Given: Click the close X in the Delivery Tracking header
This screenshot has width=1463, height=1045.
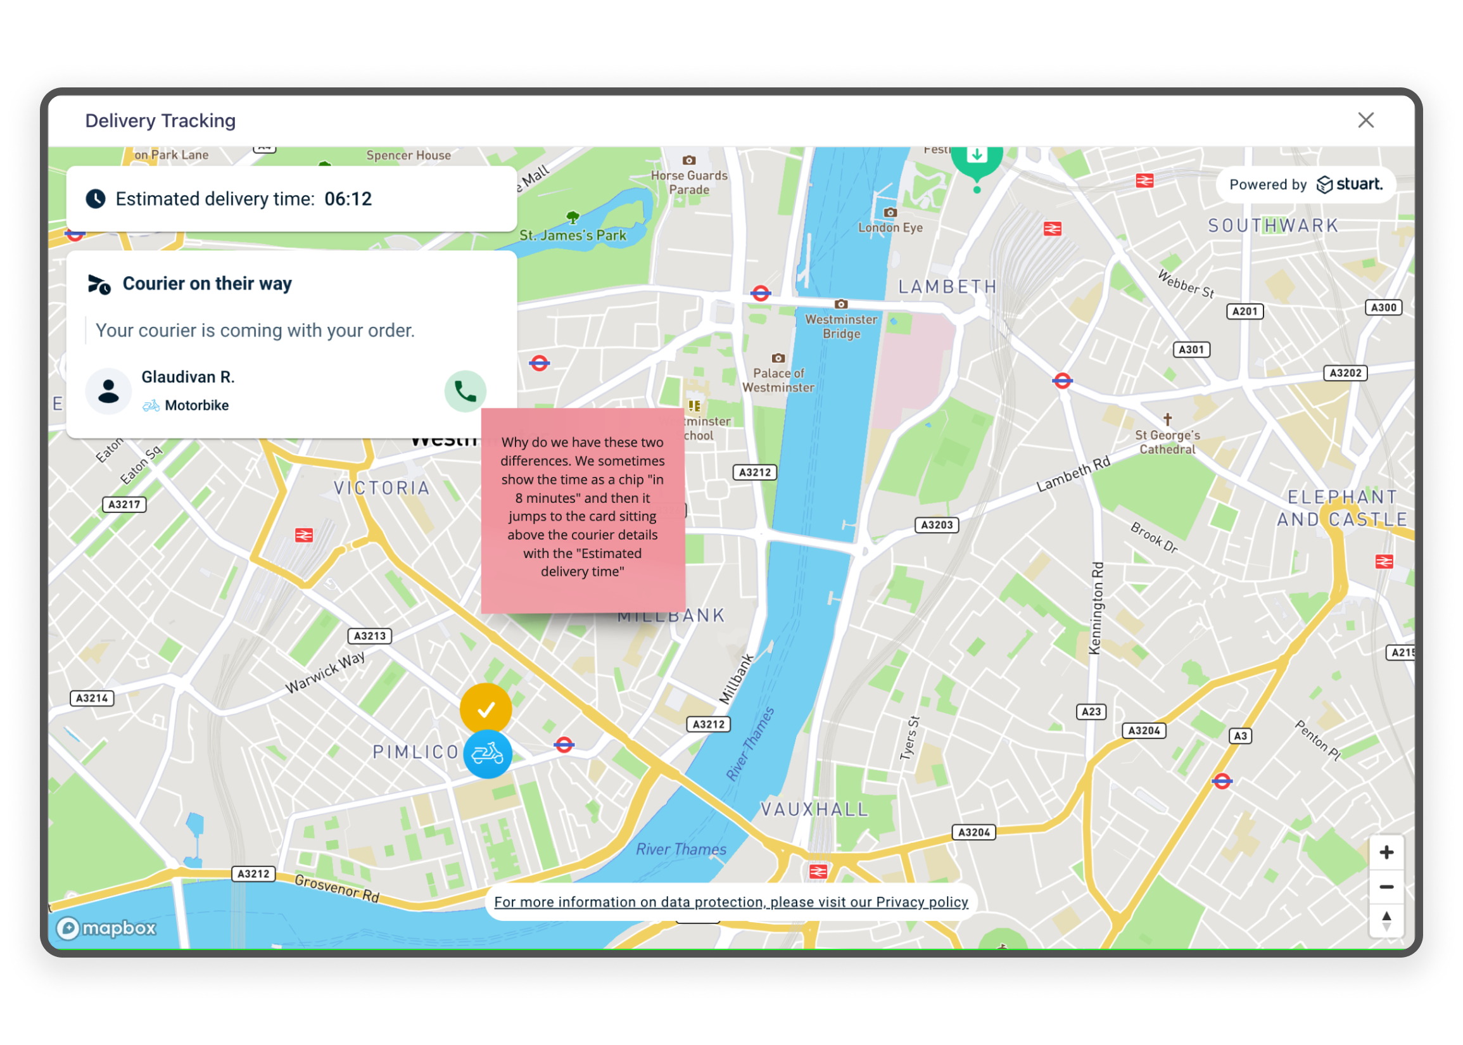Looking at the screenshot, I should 1365,120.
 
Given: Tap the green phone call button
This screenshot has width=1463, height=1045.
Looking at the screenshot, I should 465,391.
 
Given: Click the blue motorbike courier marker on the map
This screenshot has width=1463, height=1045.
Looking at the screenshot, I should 488,754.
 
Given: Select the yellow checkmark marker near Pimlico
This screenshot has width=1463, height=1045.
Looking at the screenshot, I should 486,709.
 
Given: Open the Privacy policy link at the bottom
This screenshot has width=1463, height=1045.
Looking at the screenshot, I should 731,902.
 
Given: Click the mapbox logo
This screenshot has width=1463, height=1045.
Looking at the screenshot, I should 107,928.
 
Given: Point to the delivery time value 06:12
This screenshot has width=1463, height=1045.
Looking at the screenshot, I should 348,199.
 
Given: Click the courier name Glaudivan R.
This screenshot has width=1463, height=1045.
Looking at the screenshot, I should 188,377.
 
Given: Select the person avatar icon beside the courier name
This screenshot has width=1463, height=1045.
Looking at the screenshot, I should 109,391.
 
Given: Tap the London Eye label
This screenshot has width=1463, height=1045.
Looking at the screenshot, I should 890,227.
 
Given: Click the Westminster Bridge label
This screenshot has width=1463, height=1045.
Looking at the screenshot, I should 841,326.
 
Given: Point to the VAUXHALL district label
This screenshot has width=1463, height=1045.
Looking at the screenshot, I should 814,809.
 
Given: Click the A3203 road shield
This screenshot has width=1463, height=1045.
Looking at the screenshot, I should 937,525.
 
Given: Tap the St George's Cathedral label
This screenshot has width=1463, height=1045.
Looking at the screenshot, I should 1167,442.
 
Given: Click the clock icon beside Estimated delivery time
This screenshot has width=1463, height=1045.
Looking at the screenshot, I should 96,199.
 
